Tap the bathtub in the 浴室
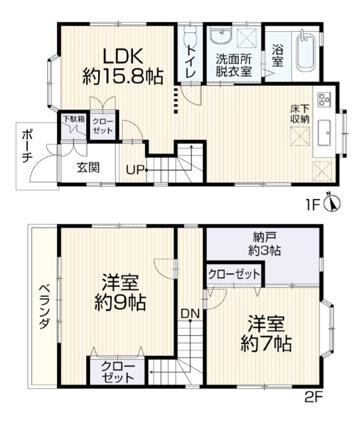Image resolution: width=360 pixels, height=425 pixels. (306, 51)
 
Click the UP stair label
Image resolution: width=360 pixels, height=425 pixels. (135, 170)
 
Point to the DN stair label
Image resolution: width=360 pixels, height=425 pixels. (190, 314)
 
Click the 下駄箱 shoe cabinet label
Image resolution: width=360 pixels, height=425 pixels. (74, 119)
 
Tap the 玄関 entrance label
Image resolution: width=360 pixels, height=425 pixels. (88, 168)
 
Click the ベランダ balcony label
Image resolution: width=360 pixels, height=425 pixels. (44, 307)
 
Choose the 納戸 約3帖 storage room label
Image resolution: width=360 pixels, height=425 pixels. (264, 244)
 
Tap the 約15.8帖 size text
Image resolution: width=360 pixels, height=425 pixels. (123, 77)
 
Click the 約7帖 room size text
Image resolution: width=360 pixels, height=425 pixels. (267, 344)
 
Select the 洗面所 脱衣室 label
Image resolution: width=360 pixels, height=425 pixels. (233, 65)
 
